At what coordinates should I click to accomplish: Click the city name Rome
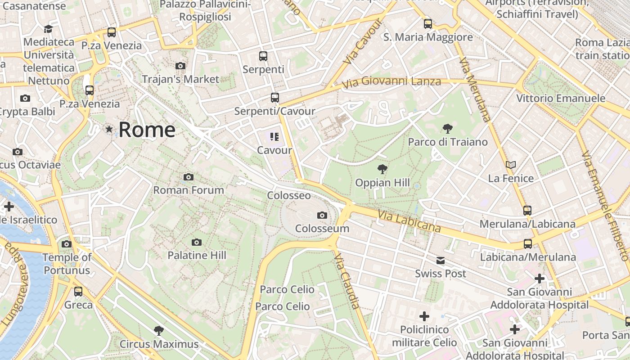pyautogui.click(x=147, y=130)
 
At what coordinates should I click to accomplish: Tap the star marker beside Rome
pyautogui.click(x=109, y=130)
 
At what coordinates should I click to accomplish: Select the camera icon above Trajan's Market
pyautogui.click(x=180, y=66)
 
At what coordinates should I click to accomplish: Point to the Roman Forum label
pyautogui.click(x=189, y=190)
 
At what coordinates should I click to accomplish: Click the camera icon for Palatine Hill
pyautogui.click(x=196, y=243)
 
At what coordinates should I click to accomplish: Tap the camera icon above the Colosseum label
pyautogui.click(x=322, y=216)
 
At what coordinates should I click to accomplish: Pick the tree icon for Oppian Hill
pyautogui.click(x=382, y=170)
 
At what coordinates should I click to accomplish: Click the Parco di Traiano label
pyautogui.click(x=447, y=142)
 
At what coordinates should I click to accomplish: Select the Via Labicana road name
pyautogui.click(x=409, y=222)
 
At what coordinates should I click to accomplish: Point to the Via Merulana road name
pyautogui.click(x=475, y=90)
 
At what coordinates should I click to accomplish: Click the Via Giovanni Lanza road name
pyautogui.click(x=391, y=82)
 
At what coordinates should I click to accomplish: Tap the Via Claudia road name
pyautogui.click(x=347, y=282)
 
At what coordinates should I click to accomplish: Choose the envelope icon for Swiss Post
pyautogui.click(x=440, y=261)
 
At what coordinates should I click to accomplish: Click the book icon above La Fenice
pyautogui.click(x=510, y=165)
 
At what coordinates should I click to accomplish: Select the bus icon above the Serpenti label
pyautogui.click(x=263, y=56)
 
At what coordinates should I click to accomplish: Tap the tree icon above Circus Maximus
pyautogui.click(x=158, y=331)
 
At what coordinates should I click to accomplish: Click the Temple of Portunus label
pyautogui.click(x=67, y=264)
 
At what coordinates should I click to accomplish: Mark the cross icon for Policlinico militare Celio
pyautogui.click(x=424, y=316)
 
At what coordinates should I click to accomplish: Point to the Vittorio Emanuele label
pyautogui.click(x=560, y=98)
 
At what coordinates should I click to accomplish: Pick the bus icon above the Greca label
pyautogui.click(x=78, y=292)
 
